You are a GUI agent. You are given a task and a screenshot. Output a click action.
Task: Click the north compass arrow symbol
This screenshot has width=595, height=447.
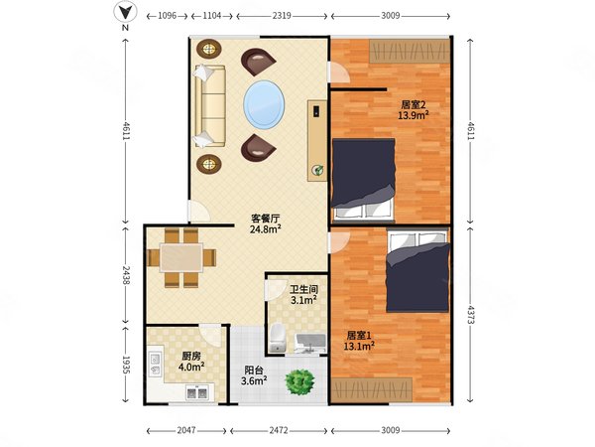[x=125, y=13]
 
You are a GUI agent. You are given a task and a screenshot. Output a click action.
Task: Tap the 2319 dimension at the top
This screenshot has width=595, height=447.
[x=282, y=16]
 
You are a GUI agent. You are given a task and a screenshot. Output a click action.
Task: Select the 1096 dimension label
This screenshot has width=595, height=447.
[x=167, y=16]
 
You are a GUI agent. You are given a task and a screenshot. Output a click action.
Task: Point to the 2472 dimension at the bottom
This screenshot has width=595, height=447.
[x=279, y=430]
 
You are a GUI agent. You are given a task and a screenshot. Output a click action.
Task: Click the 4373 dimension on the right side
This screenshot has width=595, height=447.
[x=470, y=314]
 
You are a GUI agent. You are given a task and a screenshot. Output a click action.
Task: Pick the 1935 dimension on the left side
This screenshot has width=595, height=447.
[x=126, y=365]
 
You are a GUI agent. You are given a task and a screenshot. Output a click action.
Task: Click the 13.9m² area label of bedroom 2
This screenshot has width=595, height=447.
[x=414, y=115]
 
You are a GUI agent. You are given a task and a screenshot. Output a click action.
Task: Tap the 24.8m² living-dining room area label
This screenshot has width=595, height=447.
[x=265, y=228]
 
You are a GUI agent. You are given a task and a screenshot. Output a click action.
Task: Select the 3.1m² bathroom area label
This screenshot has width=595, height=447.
[x=304, y=300]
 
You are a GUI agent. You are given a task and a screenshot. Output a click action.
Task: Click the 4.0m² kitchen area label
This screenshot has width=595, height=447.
[x=191, y=367]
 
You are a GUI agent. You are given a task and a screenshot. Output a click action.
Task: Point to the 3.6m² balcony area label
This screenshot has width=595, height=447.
[x=254, y=380]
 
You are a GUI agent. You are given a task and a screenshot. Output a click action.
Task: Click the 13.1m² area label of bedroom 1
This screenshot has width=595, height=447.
[x=359, y=346]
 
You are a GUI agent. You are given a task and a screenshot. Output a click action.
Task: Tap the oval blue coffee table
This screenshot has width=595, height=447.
[x=264, y=104]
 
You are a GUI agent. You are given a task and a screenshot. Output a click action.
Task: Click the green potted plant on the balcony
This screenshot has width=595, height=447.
[x=300, y=382]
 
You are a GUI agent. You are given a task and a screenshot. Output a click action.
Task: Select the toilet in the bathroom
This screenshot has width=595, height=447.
[x=277, y=338]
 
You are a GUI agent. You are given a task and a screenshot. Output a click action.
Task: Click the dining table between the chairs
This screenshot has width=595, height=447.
[x=181, y=257]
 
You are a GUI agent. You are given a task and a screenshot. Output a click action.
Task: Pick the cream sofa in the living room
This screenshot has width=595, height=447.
[x=210, y=106]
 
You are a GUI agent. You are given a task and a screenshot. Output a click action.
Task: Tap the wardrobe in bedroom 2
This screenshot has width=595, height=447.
[x=410, y=51]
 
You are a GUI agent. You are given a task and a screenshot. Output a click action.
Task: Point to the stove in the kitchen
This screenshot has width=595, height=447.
[x=197, y=392]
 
